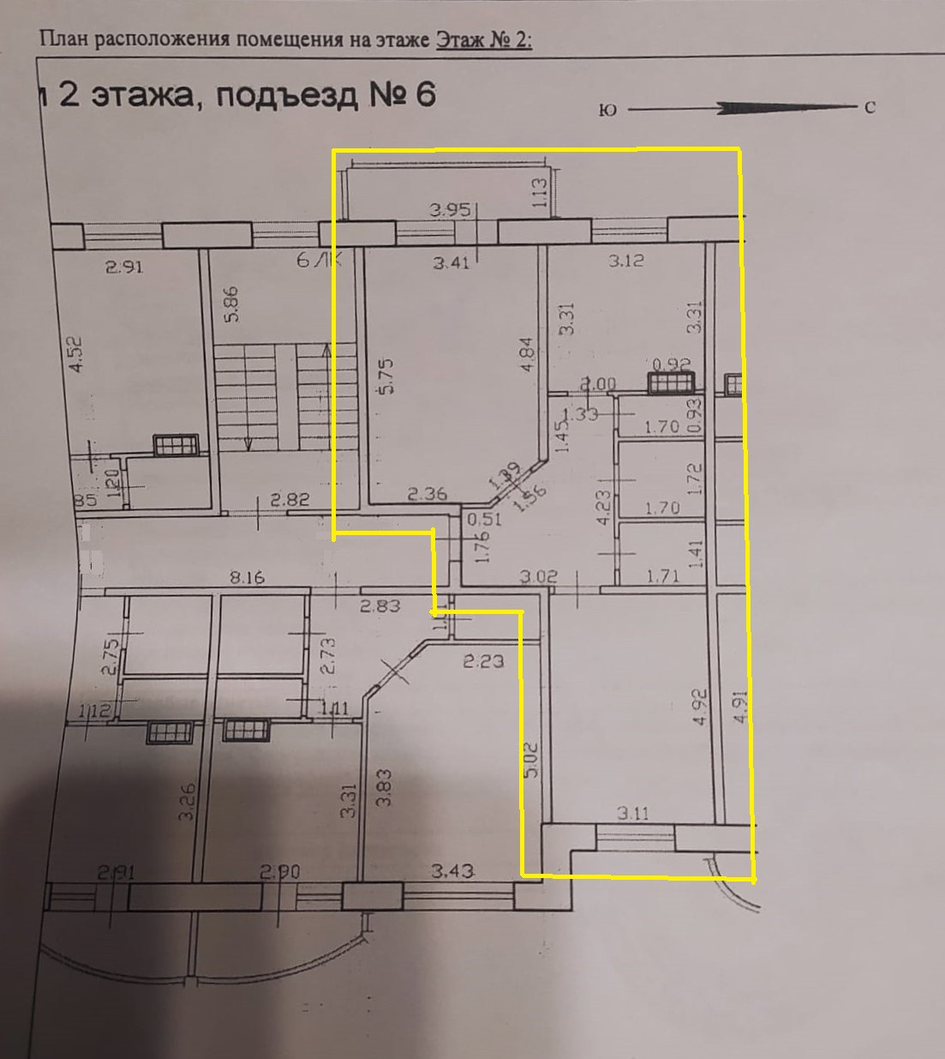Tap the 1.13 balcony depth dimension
(x=540, y=192)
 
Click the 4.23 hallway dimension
(x=602, y=507)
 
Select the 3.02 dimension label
(x=540, y=577)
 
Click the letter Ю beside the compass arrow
(x=608, y=111)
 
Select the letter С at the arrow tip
(x=870, y=109)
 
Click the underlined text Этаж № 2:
(x=484, y=40)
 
